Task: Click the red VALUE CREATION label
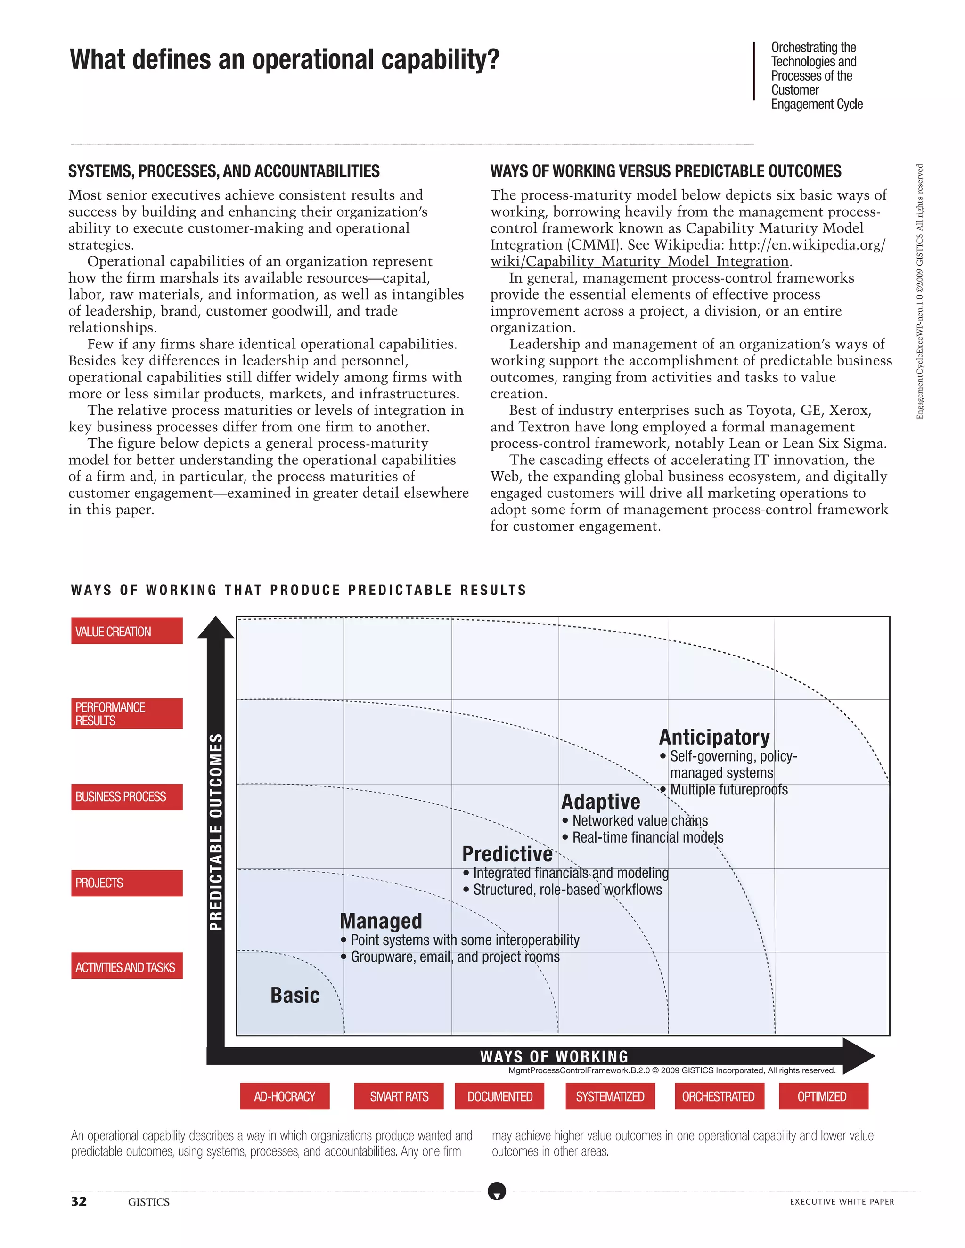[126, 631]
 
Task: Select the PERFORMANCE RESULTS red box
[126, 713]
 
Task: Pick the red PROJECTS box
[126, 883]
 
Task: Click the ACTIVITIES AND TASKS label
[126, 967]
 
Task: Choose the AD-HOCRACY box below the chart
[284, 1096]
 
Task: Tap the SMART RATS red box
[399, 1096]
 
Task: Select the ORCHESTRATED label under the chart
[719, 1096]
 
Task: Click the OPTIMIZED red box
[823, 1096]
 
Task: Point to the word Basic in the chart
[294, 995]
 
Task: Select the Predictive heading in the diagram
[507, 854]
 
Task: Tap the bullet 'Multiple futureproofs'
[728, 790]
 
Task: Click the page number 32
[79, 1201]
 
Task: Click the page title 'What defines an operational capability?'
[284, 59]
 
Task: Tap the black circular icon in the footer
[497, 1191]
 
